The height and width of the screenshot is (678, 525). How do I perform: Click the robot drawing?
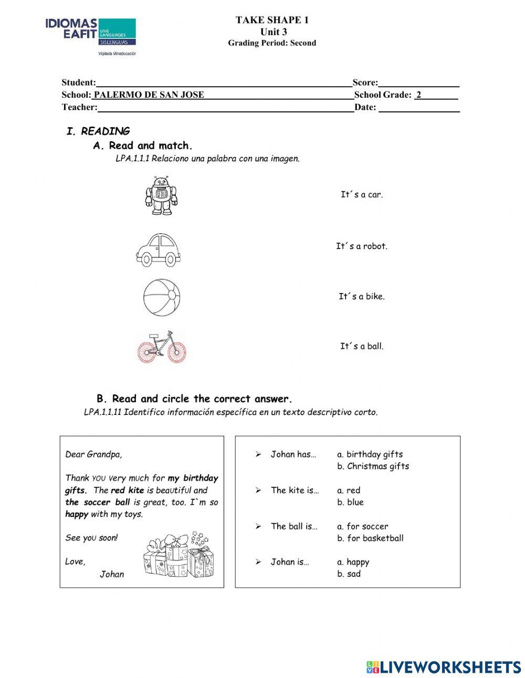161,195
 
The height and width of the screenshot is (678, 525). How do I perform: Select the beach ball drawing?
162,298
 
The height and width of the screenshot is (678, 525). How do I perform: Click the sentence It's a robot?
362,246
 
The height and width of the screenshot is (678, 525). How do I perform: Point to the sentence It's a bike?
362,297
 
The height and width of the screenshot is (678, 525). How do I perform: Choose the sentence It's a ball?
362,347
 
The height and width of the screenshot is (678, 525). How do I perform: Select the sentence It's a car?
362,195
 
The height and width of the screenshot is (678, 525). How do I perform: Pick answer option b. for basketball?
370,538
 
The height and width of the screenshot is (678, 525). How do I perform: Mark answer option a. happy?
353,562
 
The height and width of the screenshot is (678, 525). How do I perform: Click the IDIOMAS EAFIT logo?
91,33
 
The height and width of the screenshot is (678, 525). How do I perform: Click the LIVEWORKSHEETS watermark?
444,667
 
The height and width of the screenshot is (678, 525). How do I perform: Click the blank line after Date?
418,108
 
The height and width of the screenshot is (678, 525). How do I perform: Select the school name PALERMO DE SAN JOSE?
149,95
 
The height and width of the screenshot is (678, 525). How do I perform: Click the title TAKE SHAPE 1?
272,20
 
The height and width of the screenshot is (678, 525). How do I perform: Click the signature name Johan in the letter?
112,575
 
